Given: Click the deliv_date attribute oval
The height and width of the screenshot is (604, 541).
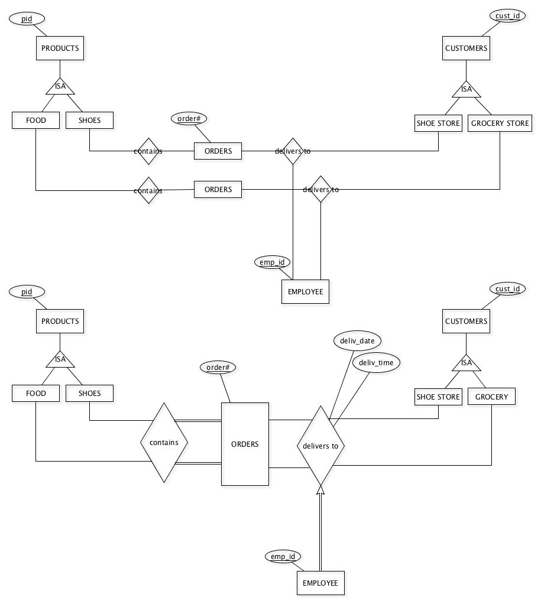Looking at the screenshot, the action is [357, 340].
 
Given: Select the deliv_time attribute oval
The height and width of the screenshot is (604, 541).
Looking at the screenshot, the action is [376, 362].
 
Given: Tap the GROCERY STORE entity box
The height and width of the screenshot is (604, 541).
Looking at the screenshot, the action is [500, 124].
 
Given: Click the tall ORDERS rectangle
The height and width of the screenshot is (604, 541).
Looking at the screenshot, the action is [245, 444].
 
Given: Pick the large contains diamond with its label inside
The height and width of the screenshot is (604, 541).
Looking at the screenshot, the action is [164, 443].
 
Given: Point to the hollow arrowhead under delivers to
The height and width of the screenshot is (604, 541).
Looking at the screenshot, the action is [320, 489].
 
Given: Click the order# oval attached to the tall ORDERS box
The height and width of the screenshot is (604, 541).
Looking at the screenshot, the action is [218, 367].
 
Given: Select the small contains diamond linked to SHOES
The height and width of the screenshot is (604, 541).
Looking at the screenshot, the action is [148, 151].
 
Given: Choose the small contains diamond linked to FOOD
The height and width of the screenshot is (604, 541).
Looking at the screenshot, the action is [148, 190].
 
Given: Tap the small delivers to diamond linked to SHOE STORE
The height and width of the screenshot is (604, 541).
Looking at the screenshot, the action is [293, 151].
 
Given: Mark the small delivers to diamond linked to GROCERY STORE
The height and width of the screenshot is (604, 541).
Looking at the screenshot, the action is [320, 189].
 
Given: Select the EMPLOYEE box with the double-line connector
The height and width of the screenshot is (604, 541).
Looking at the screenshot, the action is [320, 583].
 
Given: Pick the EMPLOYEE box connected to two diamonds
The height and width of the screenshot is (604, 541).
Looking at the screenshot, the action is [305, 291].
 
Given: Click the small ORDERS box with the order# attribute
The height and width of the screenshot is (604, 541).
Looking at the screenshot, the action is [218, 151].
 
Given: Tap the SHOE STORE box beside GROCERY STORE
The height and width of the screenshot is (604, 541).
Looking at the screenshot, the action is [438, 124].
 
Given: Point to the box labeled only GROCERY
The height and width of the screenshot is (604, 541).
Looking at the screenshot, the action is [491, 397].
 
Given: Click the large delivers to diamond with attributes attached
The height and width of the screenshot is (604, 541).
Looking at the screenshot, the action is [320, 446].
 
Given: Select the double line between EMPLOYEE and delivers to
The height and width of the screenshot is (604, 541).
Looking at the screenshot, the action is [320, 532].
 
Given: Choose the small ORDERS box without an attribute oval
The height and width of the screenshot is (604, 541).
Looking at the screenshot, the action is [218, 190].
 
